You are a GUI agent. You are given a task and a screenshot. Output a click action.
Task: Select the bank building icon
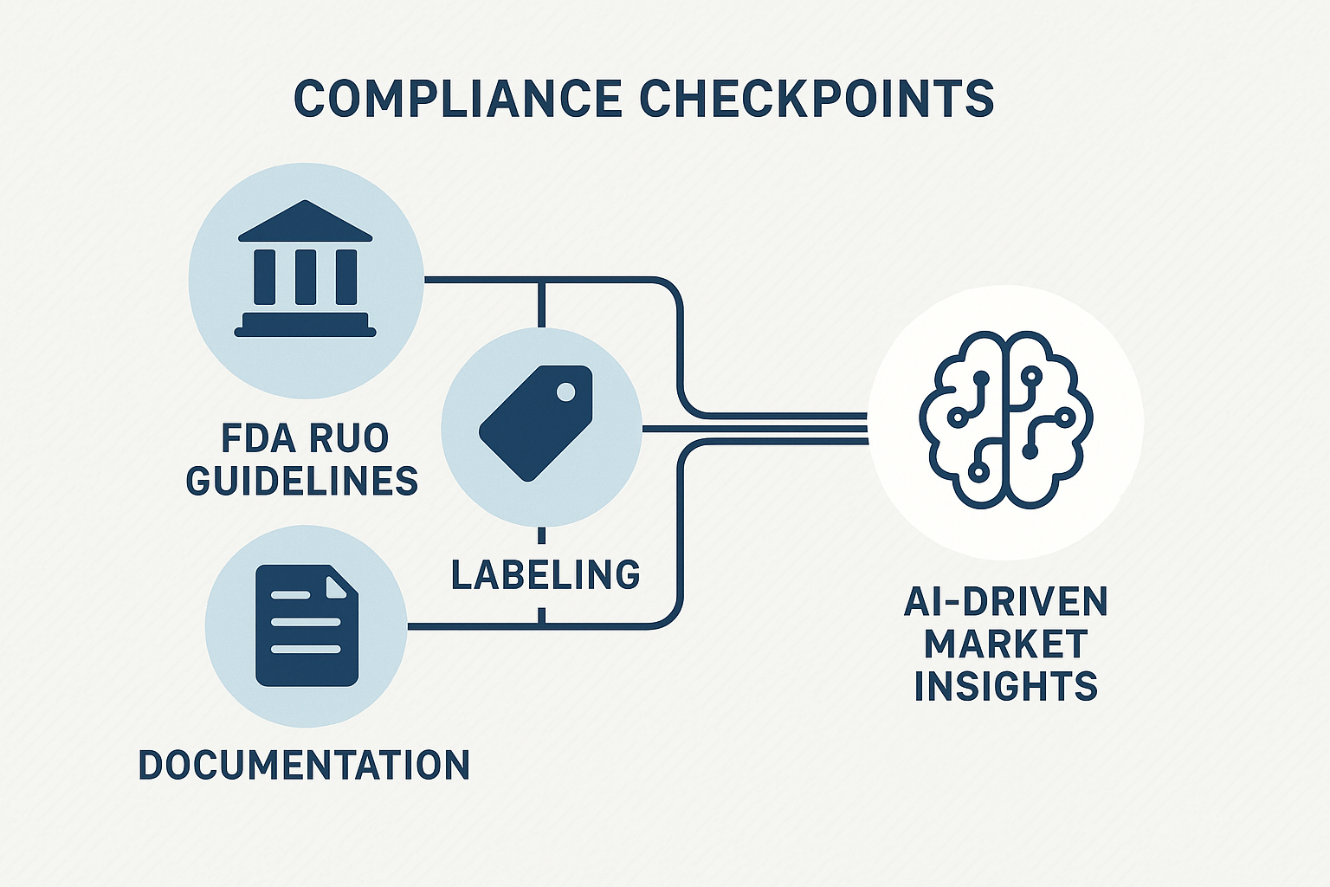[305, 269]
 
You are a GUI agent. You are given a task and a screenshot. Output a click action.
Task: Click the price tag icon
[536, 422]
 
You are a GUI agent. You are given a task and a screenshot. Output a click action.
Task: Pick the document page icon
[307, 625]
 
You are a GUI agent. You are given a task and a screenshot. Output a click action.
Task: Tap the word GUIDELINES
[302, 481]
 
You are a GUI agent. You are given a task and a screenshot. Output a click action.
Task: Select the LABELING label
[546, 575]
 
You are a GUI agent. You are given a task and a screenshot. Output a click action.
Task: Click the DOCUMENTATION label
[304, 766]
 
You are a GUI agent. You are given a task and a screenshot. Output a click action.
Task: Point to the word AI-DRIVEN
[1005, 602]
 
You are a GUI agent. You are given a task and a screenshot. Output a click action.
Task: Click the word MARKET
[1005, 644]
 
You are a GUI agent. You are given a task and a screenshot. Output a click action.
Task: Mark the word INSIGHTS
[1005, 686]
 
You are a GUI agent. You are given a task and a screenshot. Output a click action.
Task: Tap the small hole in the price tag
[565, 392]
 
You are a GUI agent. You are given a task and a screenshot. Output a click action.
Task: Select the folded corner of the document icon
[341, 582]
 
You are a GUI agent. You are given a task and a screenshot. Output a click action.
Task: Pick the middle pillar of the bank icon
[305, 276]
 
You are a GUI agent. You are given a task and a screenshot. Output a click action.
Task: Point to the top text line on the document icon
[291, 596]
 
